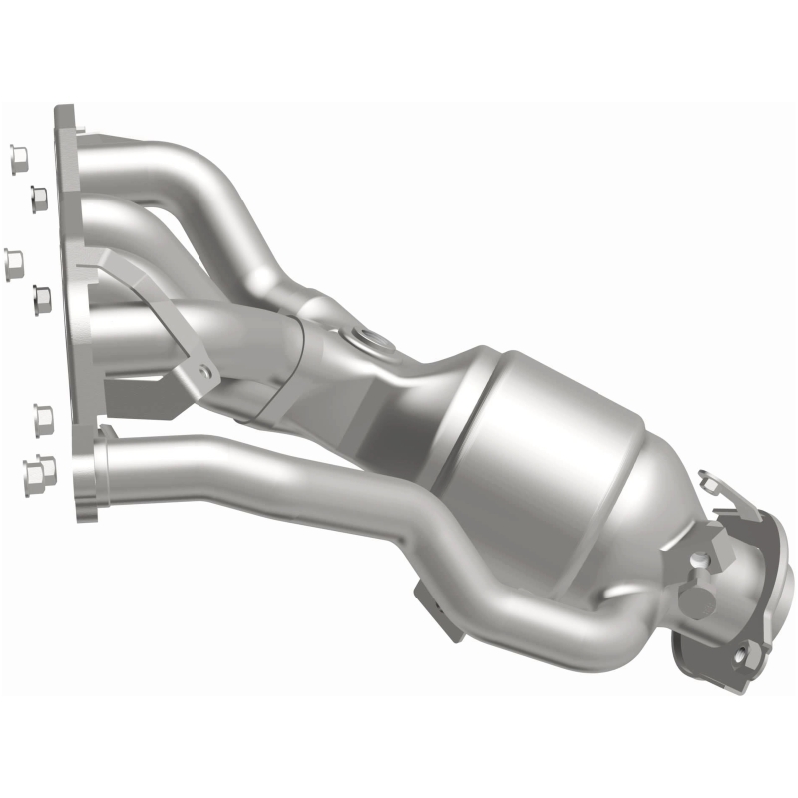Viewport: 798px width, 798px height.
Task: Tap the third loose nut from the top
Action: (15, 260)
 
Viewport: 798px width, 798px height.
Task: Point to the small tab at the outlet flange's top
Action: (712, 485)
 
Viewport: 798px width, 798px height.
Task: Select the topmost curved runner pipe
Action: (199, 170)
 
